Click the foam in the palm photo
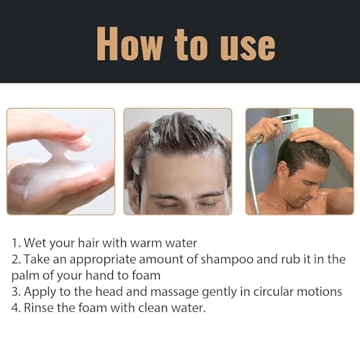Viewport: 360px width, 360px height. click(54, 173)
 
